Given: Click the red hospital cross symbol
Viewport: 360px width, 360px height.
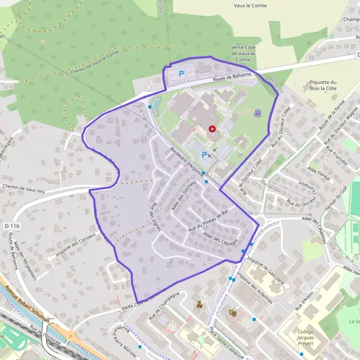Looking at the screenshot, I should [x=211, y=129].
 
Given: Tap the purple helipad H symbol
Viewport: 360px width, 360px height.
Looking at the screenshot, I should [x=258, y=113].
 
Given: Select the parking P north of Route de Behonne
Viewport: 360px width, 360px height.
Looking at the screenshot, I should [x=181, y=74].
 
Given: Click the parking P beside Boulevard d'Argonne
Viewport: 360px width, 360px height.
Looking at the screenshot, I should [x=204, y=155].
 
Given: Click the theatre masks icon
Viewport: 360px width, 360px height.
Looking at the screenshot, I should [x=233, y=312].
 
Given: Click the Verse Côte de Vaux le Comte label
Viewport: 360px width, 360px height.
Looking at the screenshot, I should [x=244, y=53].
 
